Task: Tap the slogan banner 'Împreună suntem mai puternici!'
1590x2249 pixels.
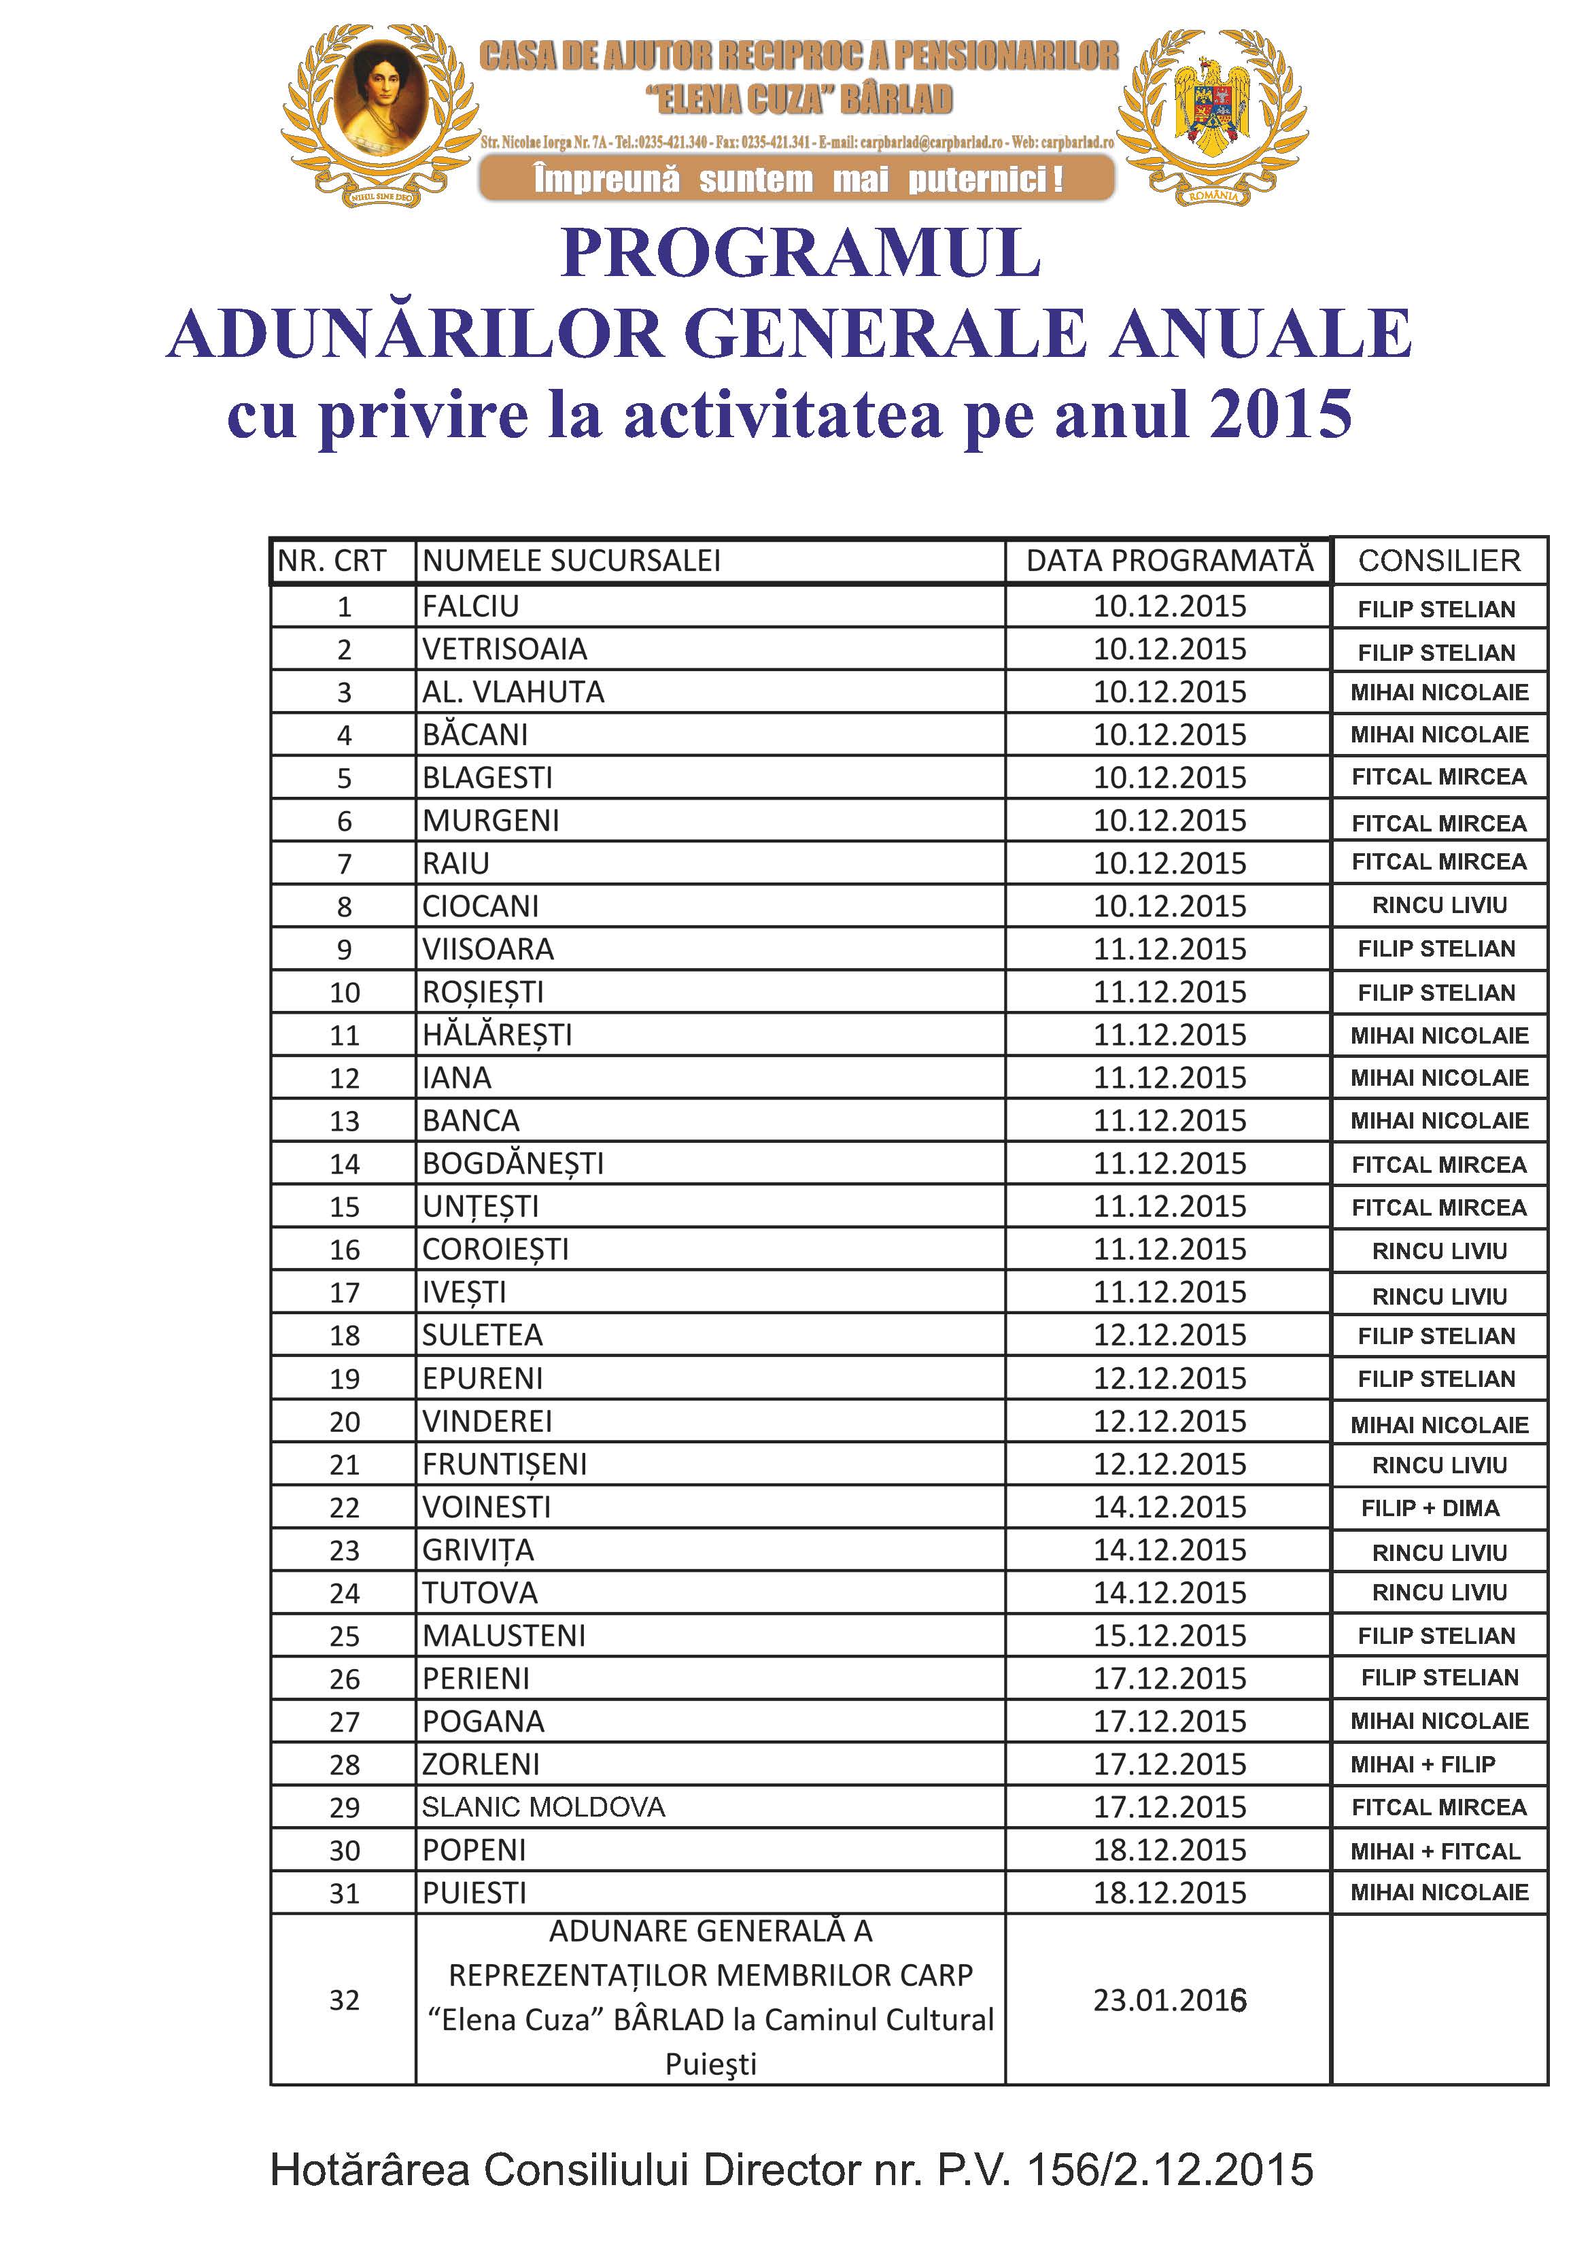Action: tap(797, 179)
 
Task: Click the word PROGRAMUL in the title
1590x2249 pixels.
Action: tap(799, 254)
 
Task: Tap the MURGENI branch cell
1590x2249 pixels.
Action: tap(491, 820)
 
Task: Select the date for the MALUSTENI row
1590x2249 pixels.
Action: tap(1170, 1635)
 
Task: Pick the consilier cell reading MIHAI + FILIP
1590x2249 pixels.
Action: tap(1423, 1764)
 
